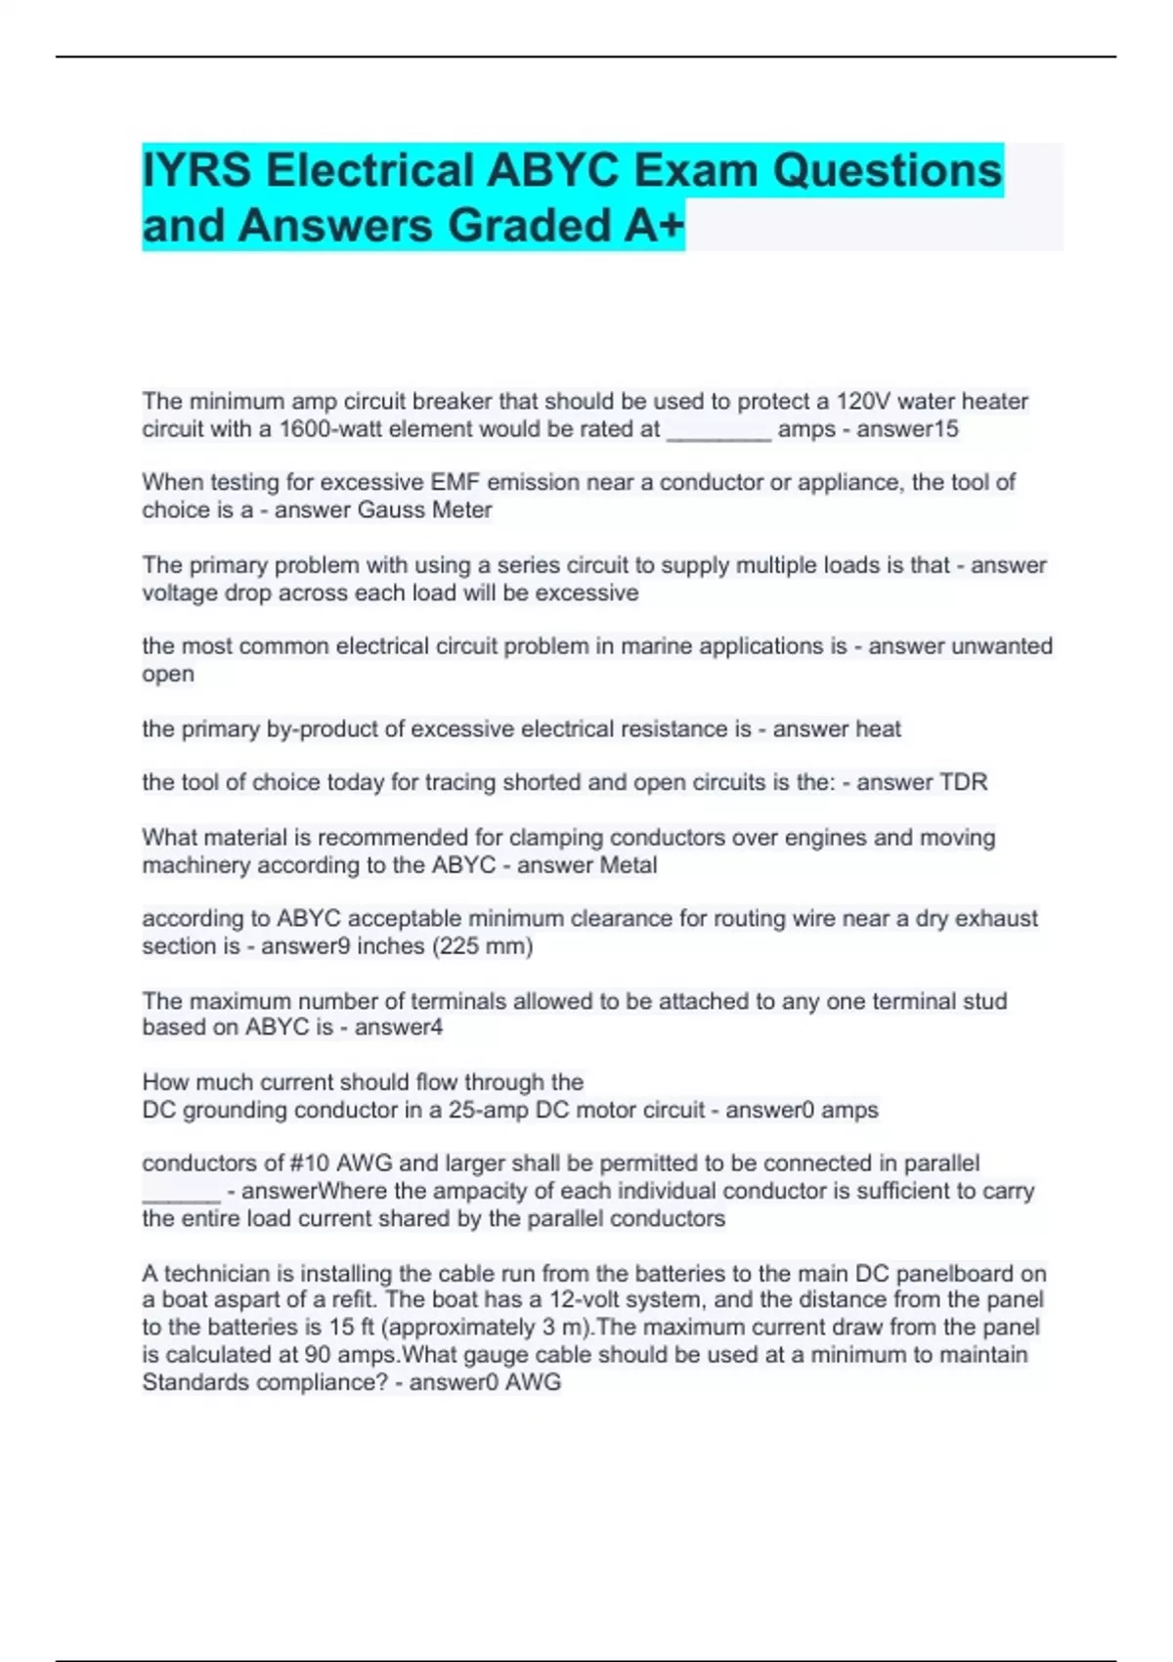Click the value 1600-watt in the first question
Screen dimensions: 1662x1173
[x=333, y=429]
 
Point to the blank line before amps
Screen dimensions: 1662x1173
[x=718, y=431]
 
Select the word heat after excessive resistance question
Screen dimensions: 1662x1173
[x=878, y=728]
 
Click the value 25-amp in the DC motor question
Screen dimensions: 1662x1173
[x=481, y=1110]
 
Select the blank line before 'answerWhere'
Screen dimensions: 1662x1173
[x=181, y=1192]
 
